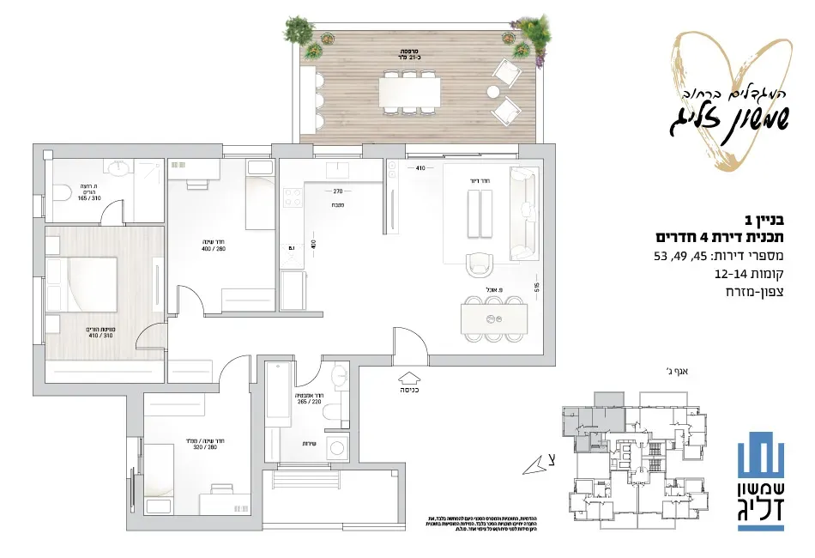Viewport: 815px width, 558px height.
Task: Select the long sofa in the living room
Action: pos(522,213)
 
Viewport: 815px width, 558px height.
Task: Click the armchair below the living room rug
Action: pos(480,264)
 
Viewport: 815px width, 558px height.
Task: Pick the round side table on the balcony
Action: pos(493,91)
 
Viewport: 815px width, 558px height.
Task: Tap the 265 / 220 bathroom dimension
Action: pos(309,399)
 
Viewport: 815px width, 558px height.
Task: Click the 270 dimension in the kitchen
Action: pos(337,191)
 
